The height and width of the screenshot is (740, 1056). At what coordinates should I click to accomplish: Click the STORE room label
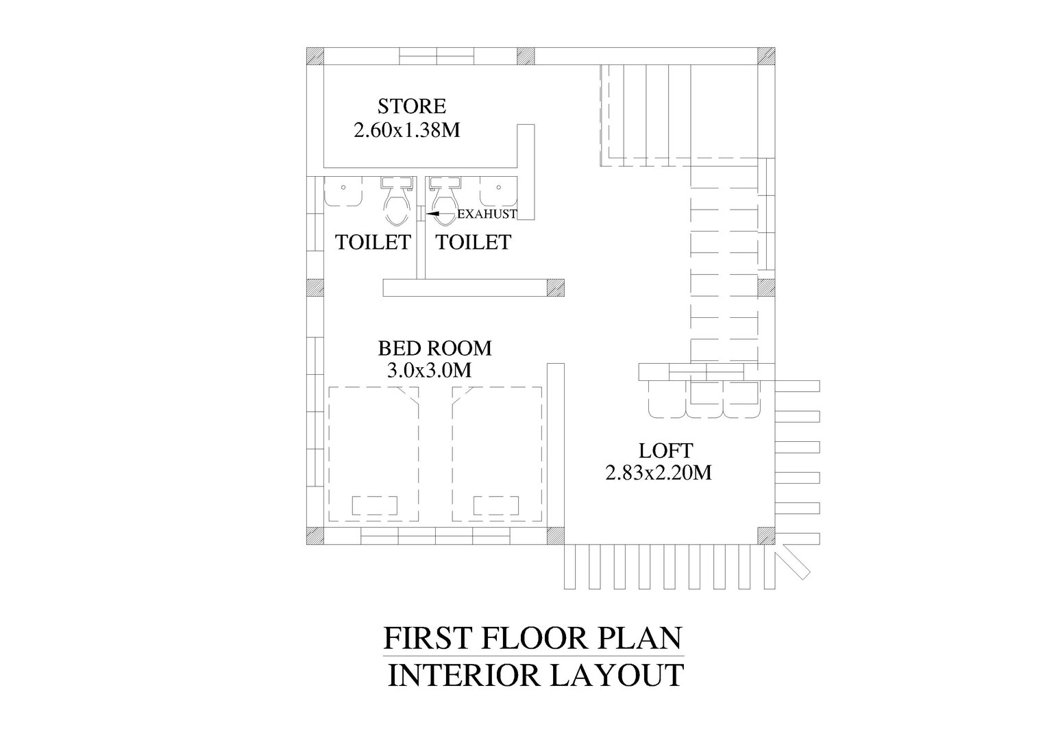pyautogui.click(x=412, y=106)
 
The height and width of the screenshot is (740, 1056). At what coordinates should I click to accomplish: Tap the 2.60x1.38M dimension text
pyautogui.click(x=407, y=130)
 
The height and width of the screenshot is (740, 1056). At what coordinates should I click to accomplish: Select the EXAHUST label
pyautogui.click(x=487, y=214)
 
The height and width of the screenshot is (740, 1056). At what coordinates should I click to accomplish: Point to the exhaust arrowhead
pyautogui.click(x=433, y=214)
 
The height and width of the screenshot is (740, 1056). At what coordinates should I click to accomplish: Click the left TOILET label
pyautogui.click(x=373, y=243)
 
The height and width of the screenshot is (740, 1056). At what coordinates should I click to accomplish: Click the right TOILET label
pyautogui.click(x=474, y=243)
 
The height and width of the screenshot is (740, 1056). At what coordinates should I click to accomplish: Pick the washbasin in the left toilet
pyautogui.click(x=343, y=191)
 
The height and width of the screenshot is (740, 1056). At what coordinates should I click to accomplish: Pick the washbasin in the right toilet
pyautogui.click(x=498, y=191)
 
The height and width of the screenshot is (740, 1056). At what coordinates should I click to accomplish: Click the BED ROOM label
pyautogui.click(x=434, y=348)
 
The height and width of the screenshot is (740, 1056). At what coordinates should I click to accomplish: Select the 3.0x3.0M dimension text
pyautogui.click(x=429, y=371)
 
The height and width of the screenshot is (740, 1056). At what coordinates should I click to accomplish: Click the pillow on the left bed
pyautogui.click(x=375, y=506)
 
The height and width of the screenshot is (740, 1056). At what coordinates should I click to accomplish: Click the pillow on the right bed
pyautogui.click(x=496, y=506)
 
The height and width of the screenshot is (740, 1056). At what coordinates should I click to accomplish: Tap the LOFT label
pyautogui.click(x=665, y=451)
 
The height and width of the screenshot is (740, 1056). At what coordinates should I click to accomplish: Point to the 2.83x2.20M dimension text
pyautogui.click(x=659, y=473)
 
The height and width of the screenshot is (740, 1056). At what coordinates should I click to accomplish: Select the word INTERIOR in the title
pyautogui.click(x=463, y=675)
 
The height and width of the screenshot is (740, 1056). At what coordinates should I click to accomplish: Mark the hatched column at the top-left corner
pyautogui.click(x=315, y=56)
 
